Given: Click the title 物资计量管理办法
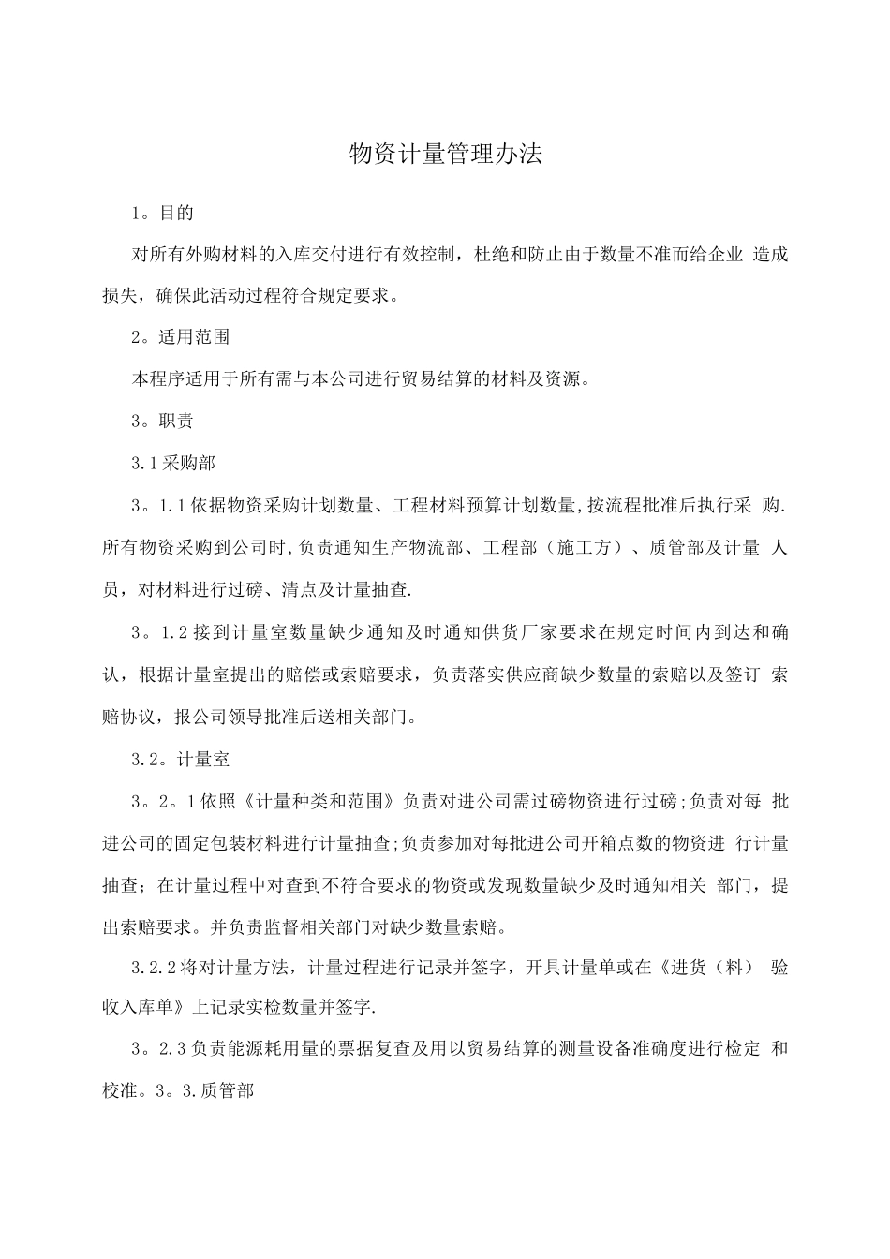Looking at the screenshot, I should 445,155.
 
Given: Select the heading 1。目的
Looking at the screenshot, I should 163,213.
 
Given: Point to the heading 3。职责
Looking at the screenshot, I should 163,422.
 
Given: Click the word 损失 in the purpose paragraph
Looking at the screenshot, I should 119,297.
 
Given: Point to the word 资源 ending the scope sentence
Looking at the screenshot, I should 563,379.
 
